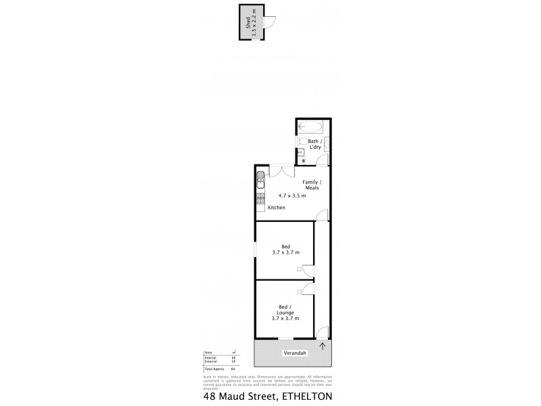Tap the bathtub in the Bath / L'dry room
pos(313,126)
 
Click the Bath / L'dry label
pos(316,145)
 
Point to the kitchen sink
pos(260,180)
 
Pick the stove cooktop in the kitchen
pos(260,199)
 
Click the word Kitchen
pos(276,208)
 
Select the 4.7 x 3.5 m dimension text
pos(292,196)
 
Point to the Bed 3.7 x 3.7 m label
pos(285,250)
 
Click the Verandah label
pos(295,353)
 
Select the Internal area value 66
pos(233,357)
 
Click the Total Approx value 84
pos(233,369)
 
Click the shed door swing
pos(269,21)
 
